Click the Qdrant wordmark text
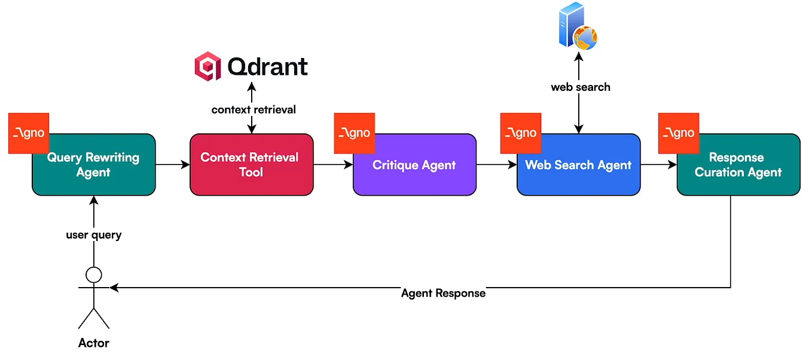267,66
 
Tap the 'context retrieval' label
254,110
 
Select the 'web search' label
581,87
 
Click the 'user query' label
94,235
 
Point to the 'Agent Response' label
443,294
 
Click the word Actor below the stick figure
94,343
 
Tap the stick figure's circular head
94,274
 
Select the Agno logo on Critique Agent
354,133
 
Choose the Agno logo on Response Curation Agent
678,133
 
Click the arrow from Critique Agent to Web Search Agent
496,164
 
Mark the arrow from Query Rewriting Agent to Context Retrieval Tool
172,164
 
